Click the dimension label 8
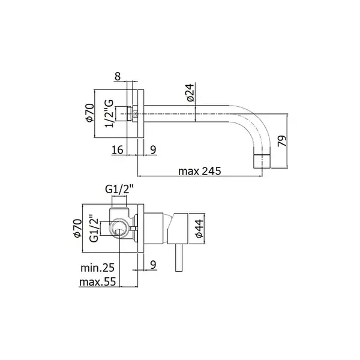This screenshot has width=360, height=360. (118, 76)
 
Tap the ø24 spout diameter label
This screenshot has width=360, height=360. (190, 92)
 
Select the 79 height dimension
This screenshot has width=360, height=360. (283, 141)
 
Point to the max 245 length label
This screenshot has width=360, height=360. (200, 171)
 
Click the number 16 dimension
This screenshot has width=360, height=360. (118, 150)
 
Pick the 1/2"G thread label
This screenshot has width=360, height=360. (109, 113)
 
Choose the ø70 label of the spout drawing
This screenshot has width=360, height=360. (90, 113)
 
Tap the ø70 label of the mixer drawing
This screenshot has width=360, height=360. (77, 228)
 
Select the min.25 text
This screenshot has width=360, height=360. (97, 268)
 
